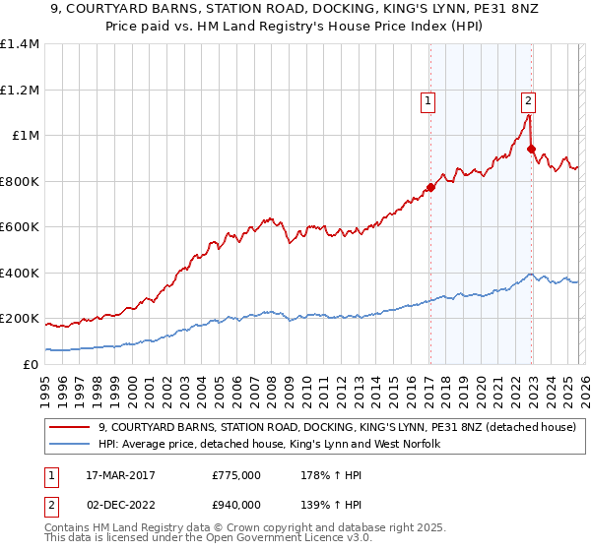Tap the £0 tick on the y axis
(30, 364)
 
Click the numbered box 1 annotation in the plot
(428, 99)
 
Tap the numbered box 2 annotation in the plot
(528, 99)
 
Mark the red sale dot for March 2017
(430, 187)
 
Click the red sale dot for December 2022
(531, 150)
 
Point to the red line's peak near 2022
(528, 115)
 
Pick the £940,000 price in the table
(235, 504)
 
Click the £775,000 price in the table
(235, 475)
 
